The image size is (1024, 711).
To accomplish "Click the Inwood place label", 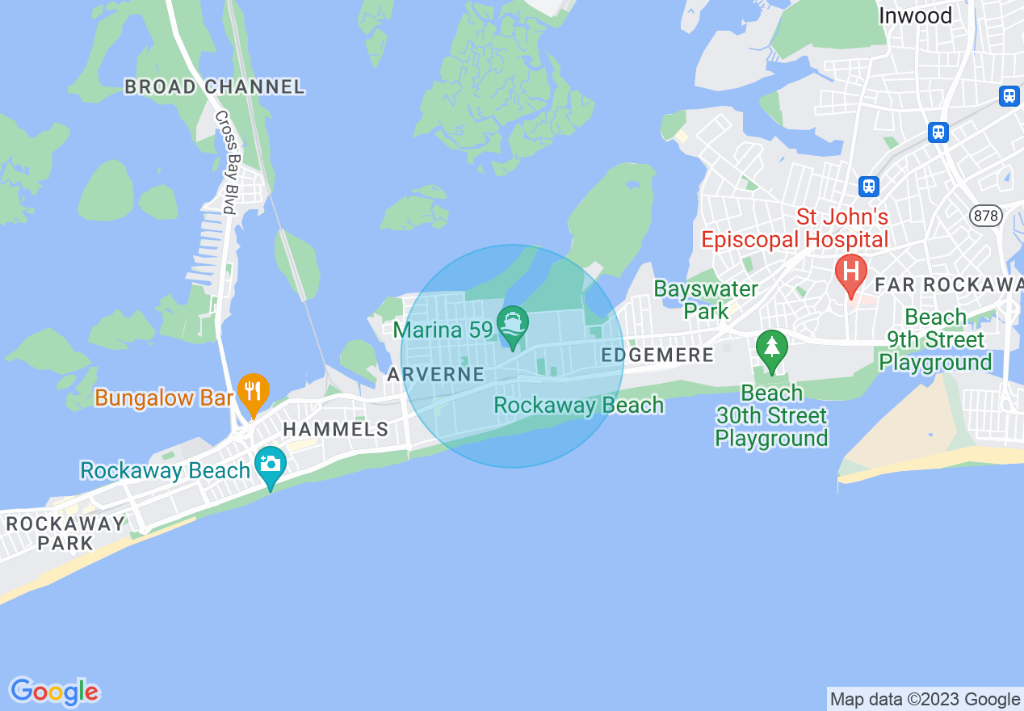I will pos(915,15).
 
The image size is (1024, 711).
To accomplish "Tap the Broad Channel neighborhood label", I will pos(214,87).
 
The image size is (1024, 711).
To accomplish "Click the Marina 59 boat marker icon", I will pos(512,323).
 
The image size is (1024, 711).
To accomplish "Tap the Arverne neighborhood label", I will pos(435,374).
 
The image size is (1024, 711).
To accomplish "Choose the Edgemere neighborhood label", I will pos(657,355).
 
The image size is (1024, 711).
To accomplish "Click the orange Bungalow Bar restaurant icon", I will pos(254,392).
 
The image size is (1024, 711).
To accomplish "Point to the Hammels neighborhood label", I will pos(336,429).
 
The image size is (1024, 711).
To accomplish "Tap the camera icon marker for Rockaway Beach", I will pos(270,464).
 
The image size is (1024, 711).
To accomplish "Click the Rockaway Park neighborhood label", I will pos(65,532).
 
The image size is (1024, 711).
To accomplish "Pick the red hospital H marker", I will pos(850,271).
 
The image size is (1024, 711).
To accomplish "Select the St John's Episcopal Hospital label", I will pos(795,228).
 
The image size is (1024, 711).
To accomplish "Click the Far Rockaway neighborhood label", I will pos(949,284).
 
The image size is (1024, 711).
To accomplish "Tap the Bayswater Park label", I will pos(705,300).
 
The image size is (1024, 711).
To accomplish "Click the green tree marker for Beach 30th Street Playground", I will pos(772,347).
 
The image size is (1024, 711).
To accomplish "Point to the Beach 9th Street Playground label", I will pos(935,339).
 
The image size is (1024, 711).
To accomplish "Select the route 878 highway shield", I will pos(985,216).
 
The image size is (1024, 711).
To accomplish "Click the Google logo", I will pos(55,692).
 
